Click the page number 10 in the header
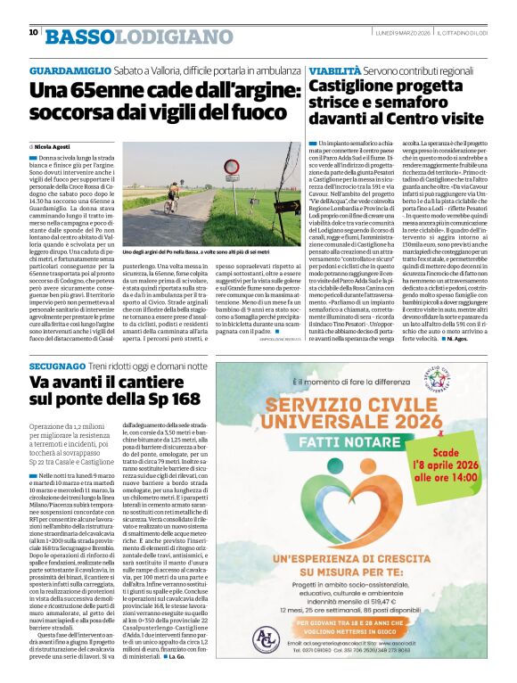point(33,32)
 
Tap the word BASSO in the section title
point(79,36)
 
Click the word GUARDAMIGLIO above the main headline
point(70,69)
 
